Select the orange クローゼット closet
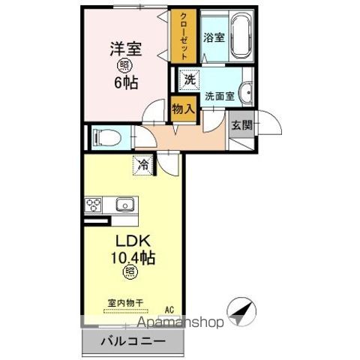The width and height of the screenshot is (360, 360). point(181,35)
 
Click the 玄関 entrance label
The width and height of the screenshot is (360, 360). point(241,124)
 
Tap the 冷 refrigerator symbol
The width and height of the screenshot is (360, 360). point(142,163)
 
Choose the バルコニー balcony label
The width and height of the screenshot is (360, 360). point(130,341)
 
